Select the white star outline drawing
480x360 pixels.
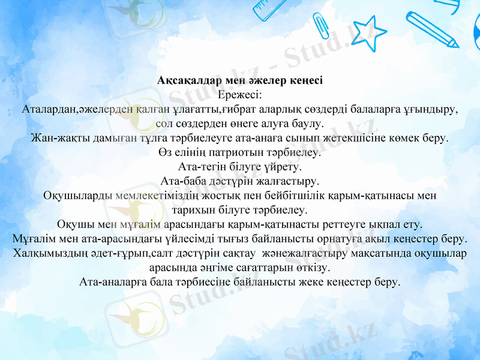(x=368, y=34)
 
